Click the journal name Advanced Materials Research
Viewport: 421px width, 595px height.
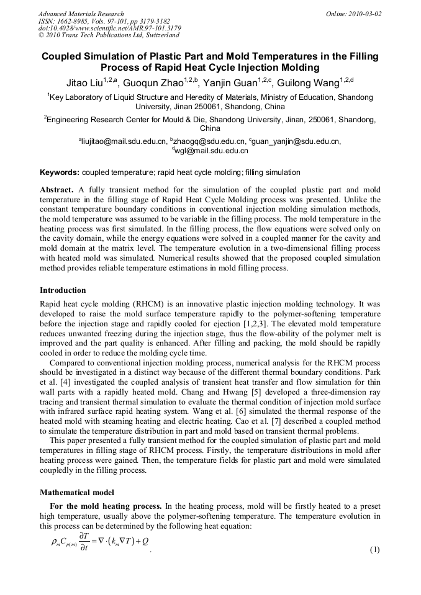click(81, 14)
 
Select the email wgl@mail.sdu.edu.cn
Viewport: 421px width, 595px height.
click(211, 151)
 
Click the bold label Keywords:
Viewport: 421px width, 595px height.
click(60, 172)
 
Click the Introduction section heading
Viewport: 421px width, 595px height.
click(63, 290)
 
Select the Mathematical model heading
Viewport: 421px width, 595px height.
click(74, 493)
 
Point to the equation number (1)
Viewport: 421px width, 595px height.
click(374, 550)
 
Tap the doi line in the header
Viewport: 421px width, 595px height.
click(110, 28)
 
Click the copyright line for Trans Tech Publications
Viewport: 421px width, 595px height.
click(109, 35)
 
